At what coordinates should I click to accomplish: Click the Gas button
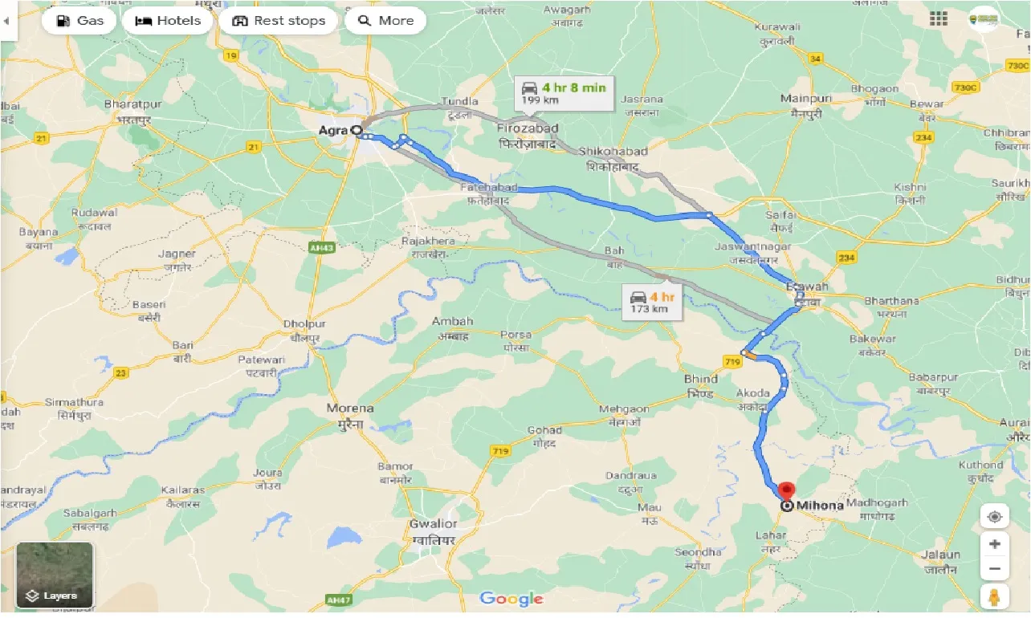(79, 21)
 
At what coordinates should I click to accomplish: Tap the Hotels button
(168, 21)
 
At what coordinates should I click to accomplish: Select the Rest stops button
(279, 21)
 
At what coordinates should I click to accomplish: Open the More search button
(385, 21)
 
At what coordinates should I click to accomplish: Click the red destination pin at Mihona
(787, 490)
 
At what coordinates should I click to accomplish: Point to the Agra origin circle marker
(357, 129)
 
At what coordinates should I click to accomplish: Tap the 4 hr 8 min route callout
(564, 92)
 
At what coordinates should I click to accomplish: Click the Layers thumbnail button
(55, 575)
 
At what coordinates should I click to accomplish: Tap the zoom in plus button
(995, 544)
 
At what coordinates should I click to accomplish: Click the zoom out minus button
(995, 569)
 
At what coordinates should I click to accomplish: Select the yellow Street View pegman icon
(995, 598)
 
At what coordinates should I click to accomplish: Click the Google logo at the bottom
(511, 599)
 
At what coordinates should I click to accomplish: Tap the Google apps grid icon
(938, 20)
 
